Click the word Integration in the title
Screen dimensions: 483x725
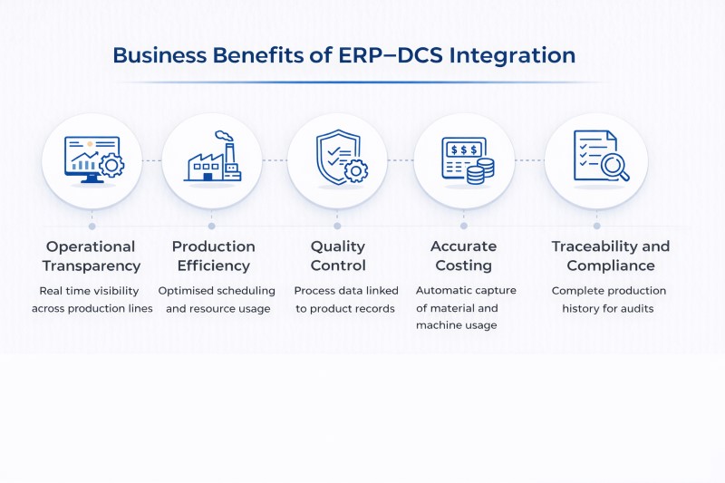coord(517,54)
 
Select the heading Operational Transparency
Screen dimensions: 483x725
coord(91,256)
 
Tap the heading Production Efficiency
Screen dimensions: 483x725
coord(213,256)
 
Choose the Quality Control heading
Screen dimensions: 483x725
coord(338,256)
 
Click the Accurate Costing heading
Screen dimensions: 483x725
coord(463,256)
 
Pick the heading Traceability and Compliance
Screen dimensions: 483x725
coord(610,256)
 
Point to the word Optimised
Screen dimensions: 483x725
coord(188,291)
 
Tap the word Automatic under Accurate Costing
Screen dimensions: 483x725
coord(442,291)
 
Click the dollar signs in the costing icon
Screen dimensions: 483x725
coord(460,148)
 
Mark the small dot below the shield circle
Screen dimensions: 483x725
coord(337,226)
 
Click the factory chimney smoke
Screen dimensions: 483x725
coord(225,139)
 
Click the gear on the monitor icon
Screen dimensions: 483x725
coord(111,165)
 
